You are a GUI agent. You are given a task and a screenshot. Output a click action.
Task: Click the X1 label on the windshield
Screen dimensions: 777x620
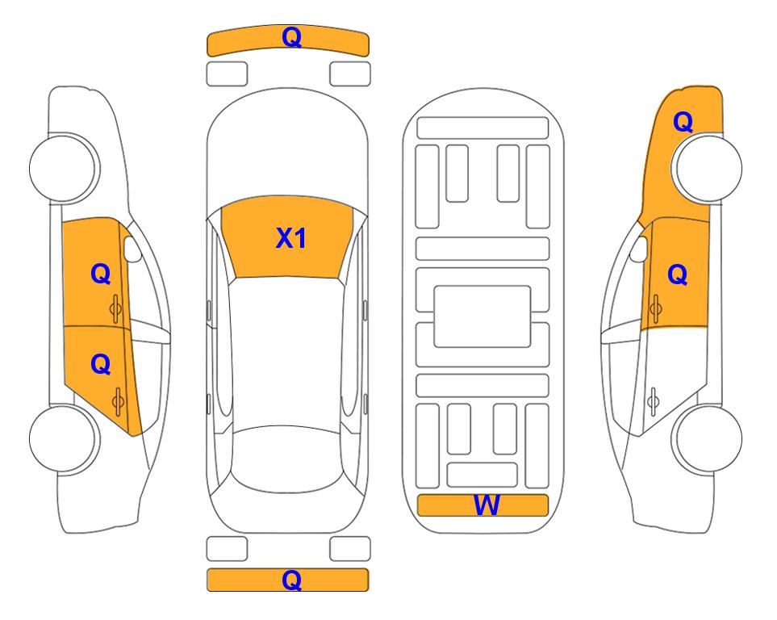(291, 238)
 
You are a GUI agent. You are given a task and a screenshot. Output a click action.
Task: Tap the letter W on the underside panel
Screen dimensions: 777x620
(486, 505)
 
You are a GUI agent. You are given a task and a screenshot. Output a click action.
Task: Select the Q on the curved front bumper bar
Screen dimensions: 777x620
(291, 37)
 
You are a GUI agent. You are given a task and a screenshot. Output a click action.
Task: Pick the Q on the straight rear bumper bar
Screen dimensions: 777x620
(291, 580)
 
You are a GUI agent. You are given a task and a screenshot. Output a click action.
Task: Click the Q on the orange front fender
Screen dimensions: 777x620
(683, 122)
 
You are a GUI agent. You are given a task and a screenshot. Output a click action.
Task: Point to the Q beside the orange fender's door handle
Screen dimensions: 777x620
(678, 274)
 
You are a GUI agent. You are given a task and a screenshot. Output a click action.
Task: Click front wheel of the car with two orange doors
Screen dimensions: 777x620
(63, 168)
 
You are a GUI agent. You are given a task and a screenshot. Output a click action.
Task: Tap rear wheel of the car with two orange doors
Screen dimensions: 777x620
(63, 438)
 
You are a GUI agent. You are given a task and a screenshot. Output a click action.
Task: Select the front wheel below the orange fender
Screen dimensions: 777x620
(707, 168)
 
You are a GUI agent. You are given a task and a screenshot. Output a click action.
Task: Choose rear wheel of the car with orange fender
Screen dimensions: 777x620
(707, 438)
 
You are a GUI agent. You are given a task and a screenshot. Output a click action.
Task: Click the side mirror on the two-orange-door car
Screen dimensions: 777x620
(132, 249)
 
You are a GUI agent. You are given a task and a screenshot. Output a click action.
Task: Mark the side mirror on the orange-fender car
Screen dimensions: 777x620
(639, 249)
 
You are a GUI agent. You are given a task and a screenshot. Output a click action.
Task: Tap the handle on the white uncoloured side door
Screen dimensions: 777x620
(654, 402)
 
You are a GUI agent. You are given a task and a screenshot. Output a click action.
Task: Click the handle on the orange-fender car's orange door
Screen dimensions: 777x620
(655, 308)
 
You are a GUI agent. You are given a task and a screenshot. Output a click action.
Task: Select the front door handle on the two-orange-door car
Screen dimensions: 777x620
(116, 308)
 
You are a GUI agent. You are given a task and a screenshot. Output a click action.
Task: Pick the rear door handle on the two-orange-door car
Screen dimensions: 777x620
(118, 402)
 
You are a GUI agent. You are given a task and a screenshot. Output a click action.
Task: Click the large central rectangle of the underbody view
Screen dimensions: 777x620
(482, 316)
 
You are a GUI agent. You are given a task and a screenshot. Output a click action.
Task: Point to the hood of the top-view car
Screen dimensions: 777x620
(287, 149)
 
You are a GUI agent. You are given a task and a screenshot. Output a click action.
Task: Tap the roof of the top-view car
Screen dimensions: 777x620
(287, 352)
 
